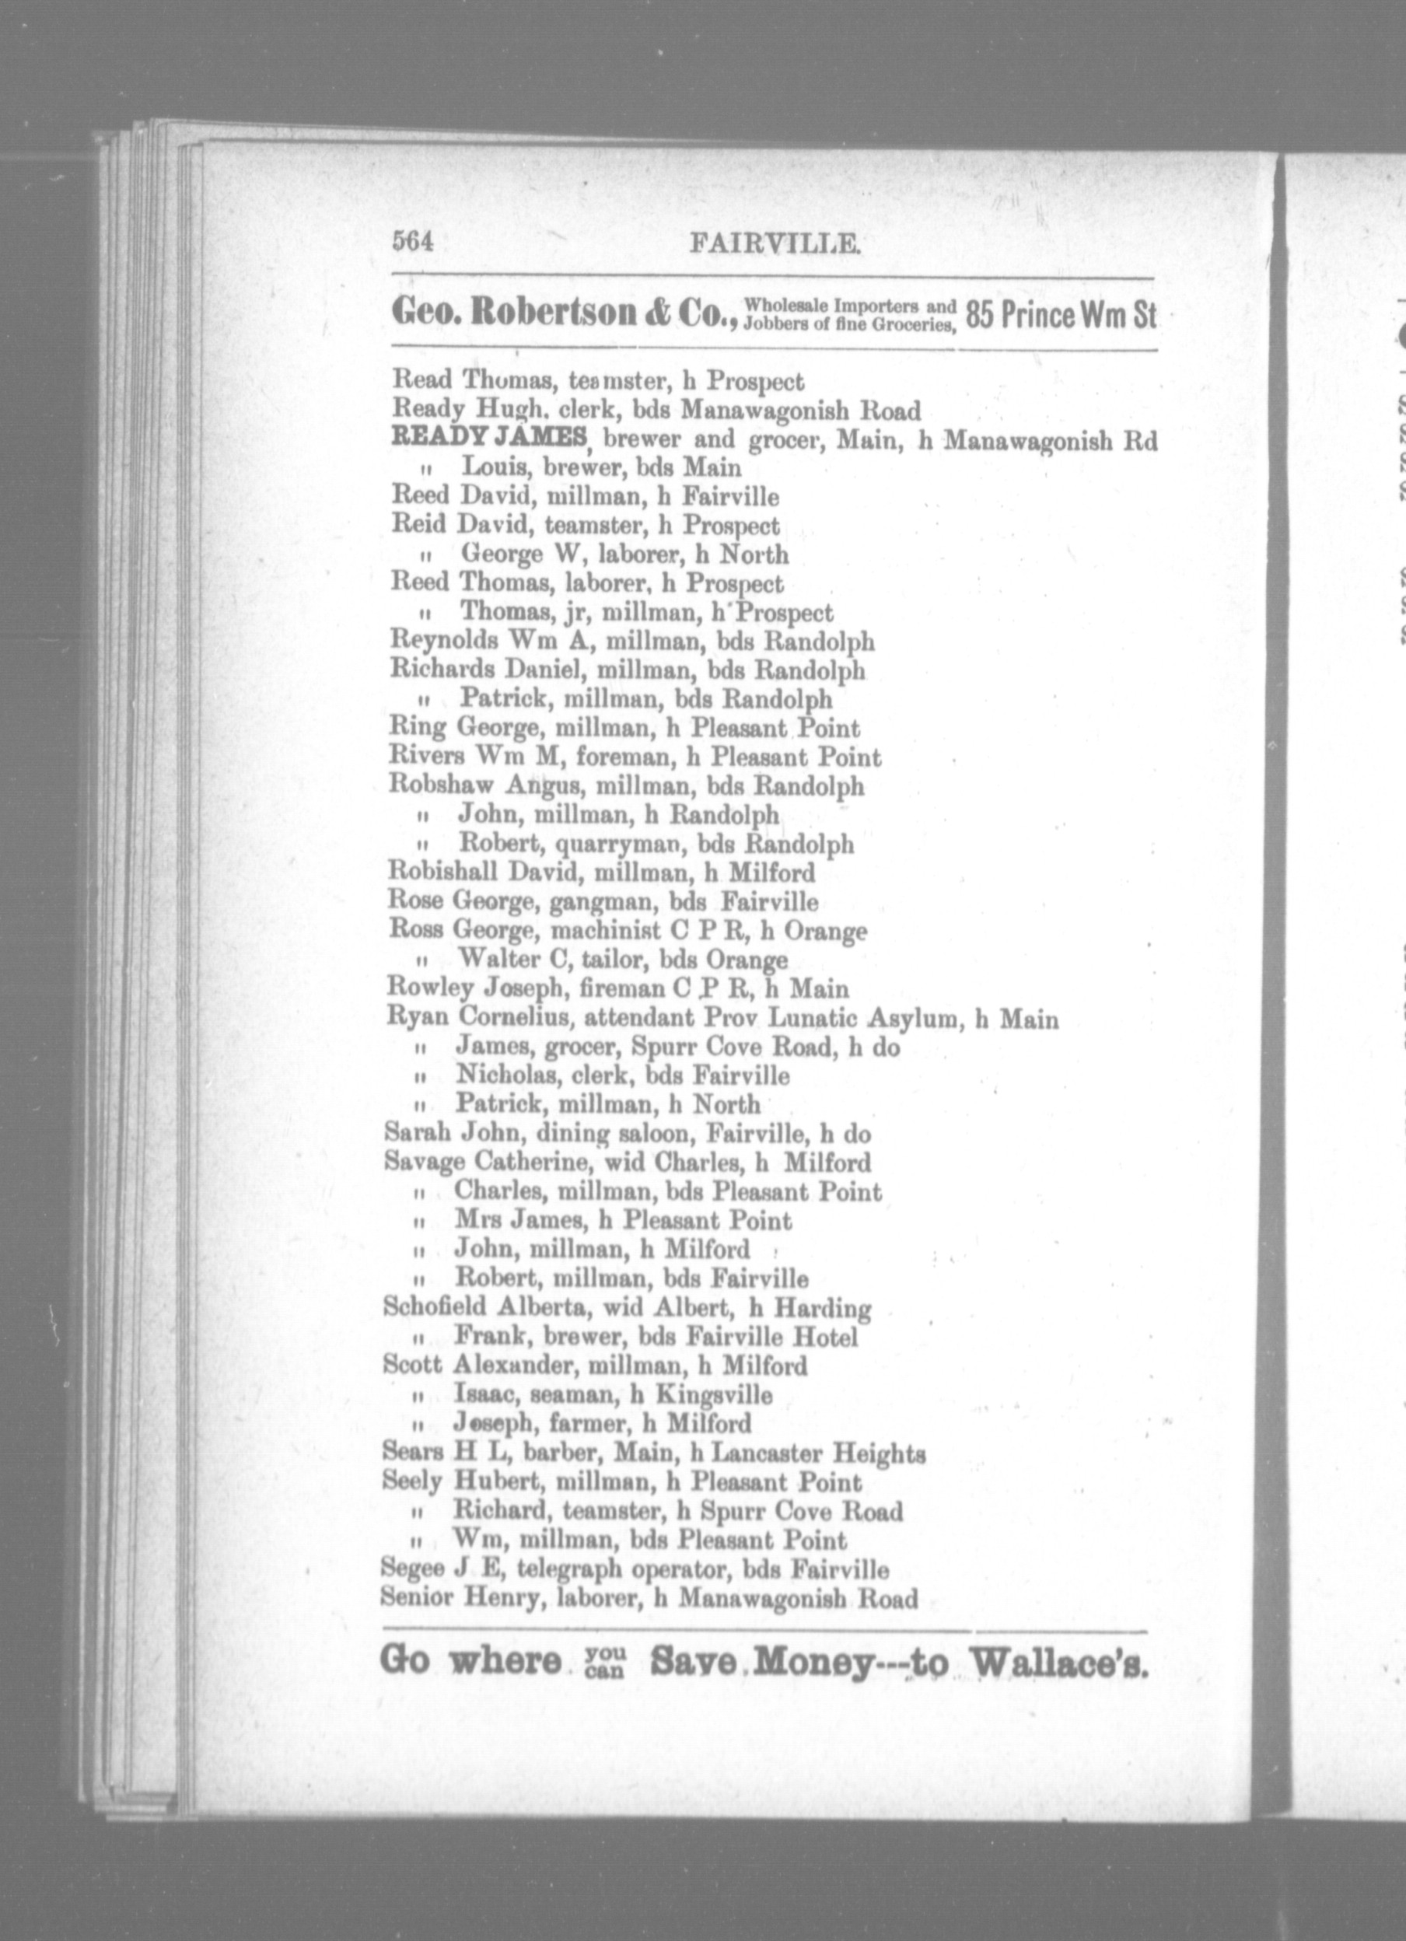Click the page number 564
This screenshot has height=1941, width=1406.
[414, 243]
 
